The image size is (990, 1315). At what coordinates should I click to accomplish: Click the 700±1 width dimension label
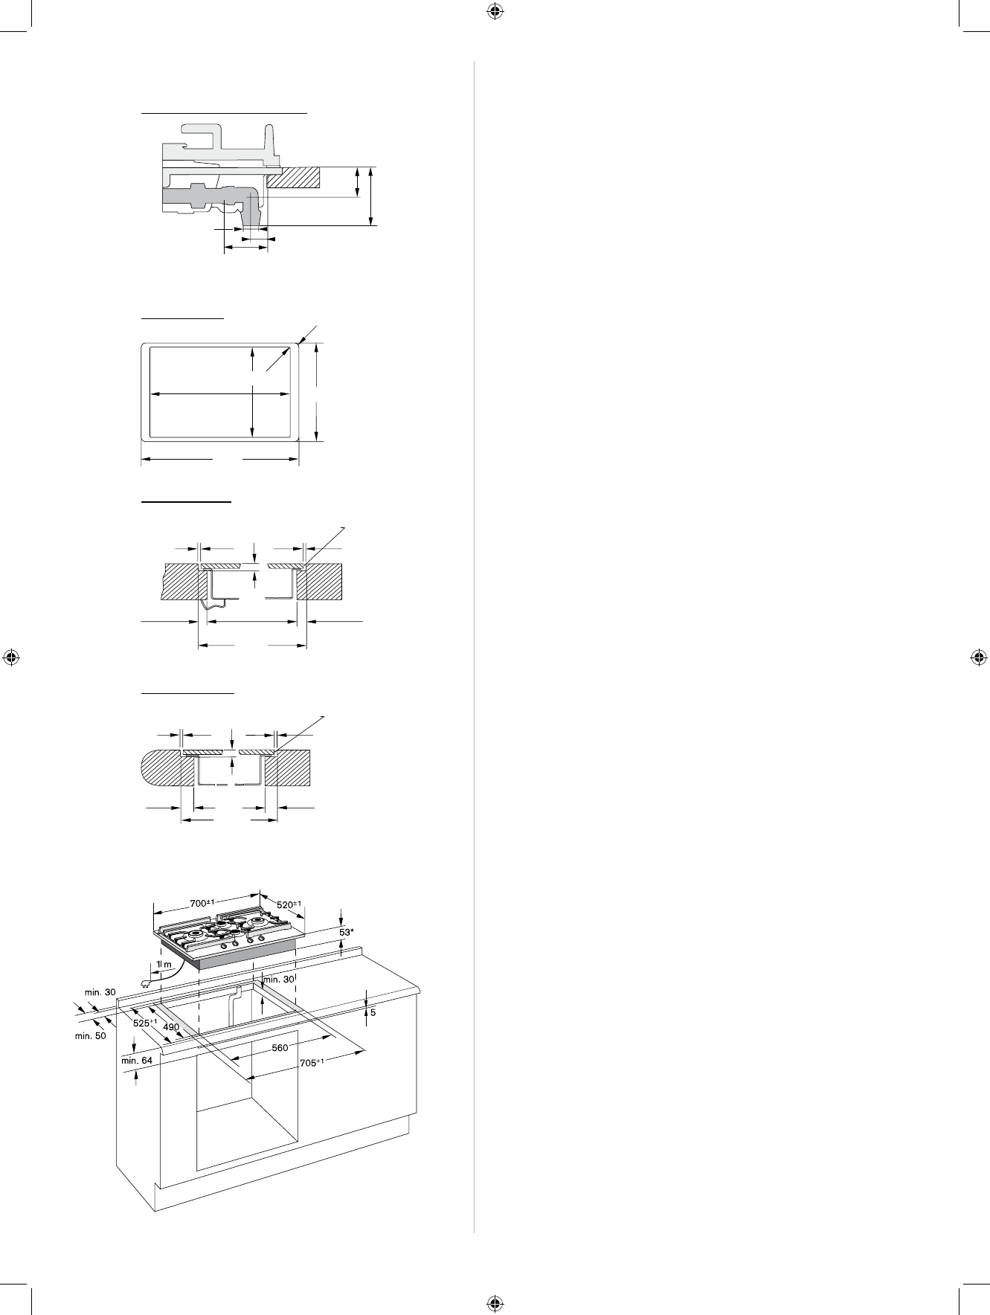tap(202, 903)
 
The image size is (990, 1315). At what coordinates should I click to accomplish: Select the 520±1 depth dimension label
tap(292, 904)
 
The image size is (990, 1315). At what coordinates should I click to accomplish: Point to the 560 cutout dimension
tap(279, 1048)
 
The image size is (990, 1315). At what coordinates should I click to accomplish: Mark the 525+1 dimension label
tap(144, 1023)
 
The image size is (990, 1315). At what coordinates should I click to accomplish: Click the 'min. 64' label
tap(136, 1061)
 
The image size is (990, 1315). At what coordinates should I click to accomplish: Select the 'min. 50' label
tap(90, 1035)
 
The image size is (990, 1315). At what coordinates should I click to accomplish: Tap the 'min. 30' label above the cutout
tap(280, 979)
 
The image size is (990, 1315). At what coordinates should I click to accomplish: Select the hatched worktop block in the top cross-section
tap(294, 176)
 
